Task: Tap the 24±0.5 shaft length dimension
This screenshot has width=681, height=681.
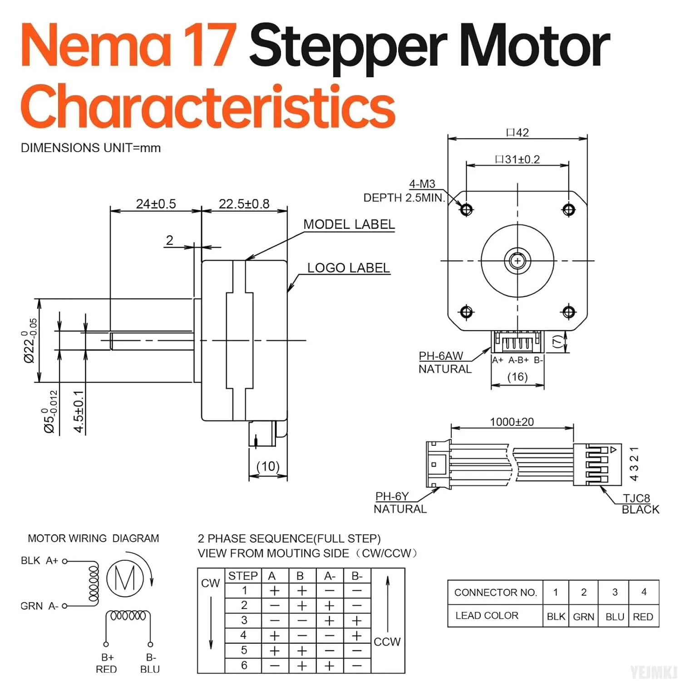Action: [x=156, y=204]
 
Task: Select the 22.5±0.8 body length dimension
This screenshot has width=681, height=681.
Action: [x=244, y=204]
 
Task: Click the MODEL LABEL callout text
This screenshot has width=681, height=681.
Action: [x=349, y=224]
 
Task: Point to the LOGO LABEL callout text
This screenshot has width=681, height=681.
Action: [x=348, y=268]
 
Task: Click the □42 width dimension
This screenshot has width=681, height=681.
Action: [x=518, y=133]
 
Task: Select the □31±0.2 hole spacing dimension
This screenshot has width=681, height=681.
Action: [x=518, y=159]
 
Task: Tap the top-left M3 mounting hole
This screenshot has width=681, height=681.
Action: [x=466, y=210]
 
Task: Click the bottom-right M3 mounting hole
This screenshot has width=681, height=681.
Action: [x=569, y=312]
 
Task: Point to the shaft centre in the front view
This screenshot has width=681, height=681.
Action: [x=518, y=261]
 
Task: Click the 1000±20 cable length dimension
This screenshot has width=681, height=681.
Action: [x=512, y=422]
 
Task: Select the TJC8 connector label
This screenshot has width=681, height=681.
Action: [x=636, y=498]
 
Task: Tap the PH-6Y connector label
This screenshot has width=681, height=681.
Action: [x=392, y=496]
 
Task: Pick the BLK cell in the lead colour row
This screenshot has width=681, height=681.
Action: [x=556, y=617]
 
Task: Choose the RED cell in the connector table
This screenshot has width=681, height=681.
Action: [x=643, y=617]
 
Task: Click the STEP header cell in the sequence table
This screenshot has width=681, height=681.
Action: [x=243, y=576]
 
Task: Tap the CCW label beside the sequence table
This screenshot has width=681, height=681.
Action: [x=387, y=642]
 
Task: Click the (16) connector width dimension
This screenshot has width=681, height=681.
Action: [x=518, y=377]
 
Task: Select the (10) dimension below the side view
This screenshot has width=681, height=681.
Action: [x=268, y=466]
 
